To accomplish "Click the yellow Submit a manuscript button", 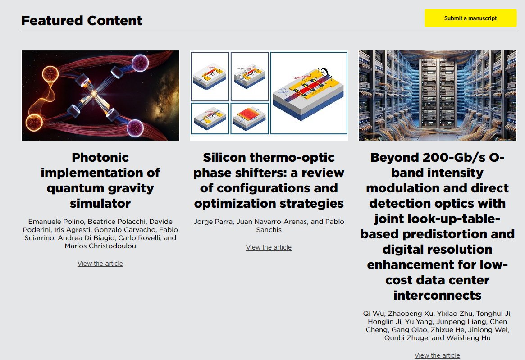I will coord(470,18).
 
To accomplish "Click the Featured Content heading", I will coord(82,20).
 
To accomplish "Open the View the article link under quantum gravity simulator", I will coord(100,264).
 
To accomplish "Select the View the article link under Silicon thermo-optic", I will coord(269,247).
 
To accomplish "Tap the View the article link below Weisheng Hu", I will coord(437,355).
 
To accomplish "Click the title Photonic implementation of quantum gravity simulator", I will coord(100,180).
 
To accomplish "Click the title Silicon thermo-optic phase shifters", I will coord(269,180).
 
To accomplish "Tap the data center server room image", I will coord(437,96).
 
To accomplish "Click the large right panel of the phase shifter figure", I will coord(309,93).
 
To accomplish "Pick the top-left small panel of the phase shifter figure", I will coord(210,77).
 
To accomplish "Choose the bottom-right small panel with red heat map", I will coord(250,118).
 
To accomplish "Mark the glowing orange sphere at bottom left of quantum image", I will coord(33,122).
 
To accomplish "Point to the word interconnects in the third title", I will coord(437,295).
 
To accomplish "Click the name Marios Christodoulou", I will coord(100,246).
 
